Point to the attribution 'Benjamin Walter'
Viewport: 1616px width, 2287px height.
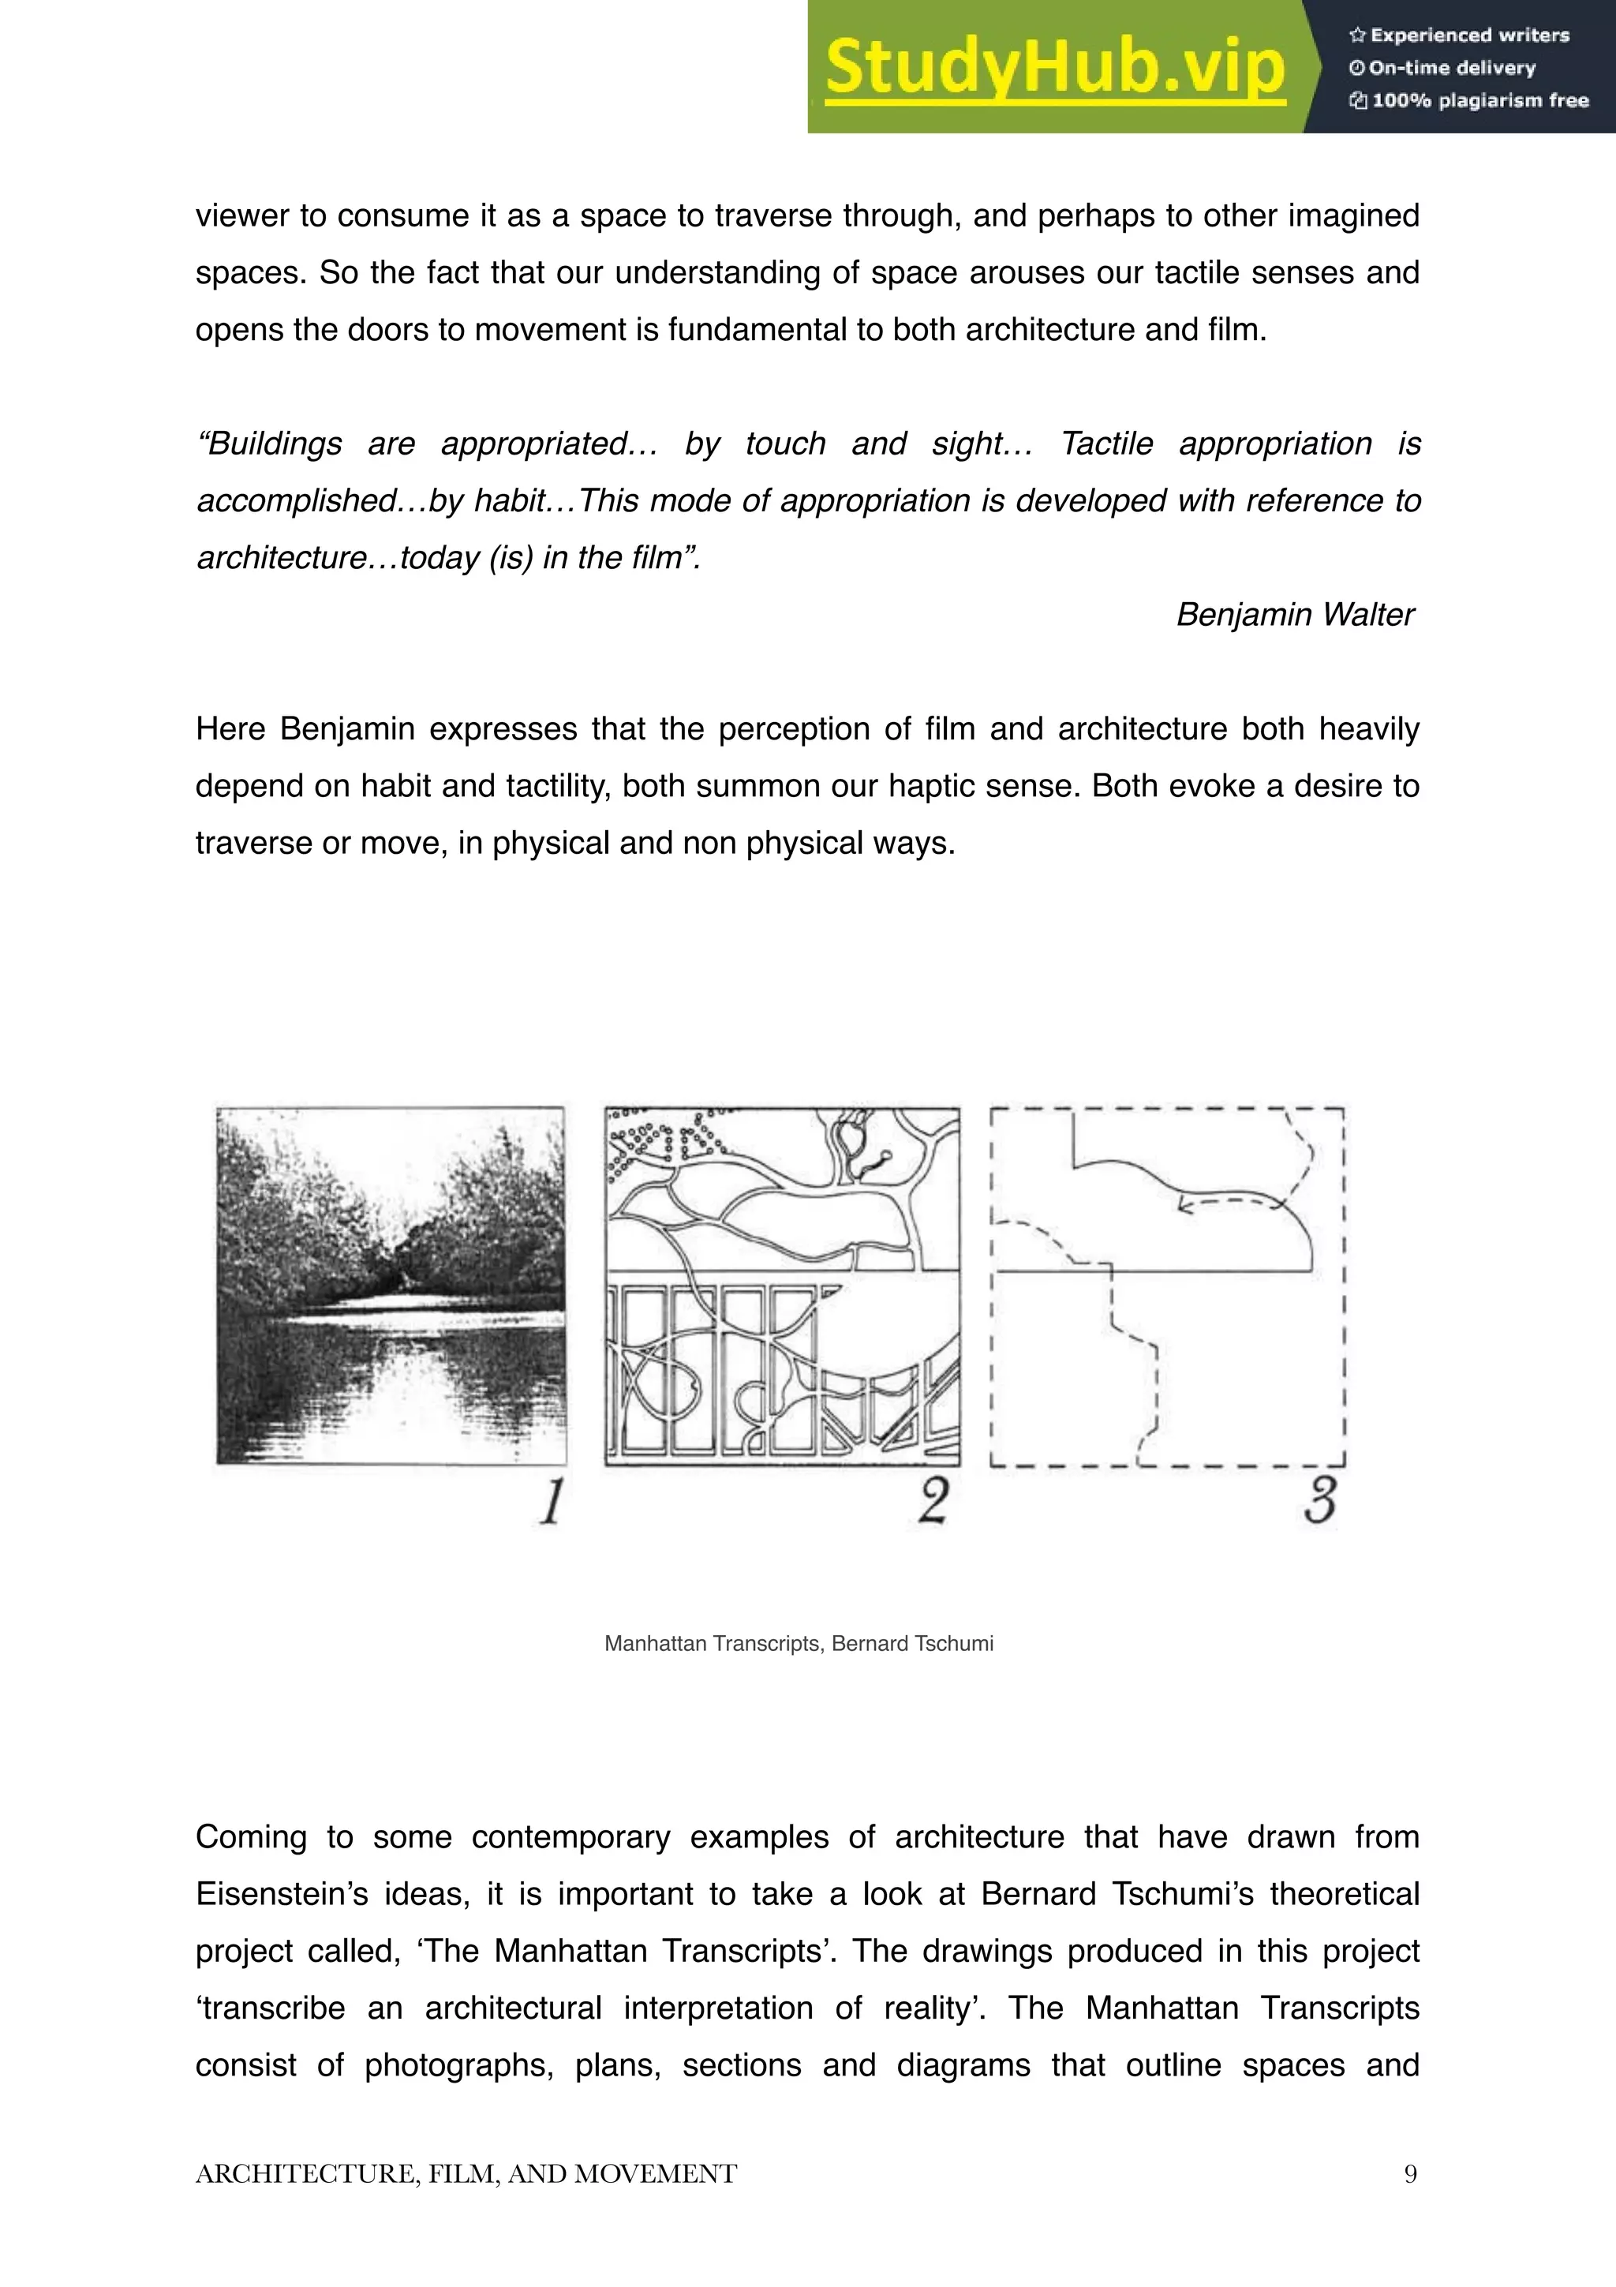pos(1294,614)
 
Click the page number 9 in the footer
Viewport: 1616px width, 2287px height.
pos(1410,2173)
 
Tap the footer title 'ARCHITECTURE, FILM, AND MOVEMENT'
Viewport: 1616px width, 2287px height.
pos(466,2173)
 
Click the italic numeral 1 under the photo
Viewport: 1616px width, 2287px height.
pos(551,1501)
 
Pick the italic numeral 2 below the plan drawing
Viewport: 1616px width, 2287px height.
pos(933,1501)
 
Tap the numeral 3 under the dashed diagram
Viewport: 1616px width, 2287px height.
pos(1319,1501)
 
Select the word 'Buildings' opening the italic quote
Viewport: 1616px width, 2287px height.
pos(270,444)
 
